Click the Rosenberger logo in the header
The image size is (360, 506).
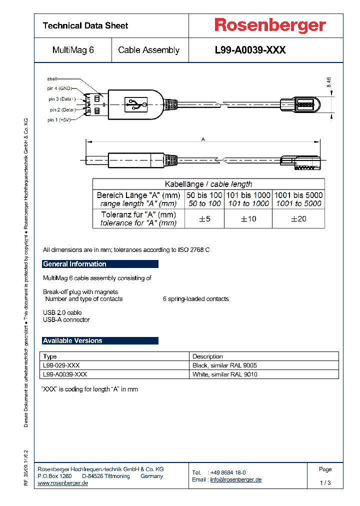click(270, 25)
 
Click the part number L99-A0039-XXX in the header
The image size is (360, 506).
click(250, 50)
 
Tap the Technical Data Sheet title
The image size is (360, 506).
click(85, 25)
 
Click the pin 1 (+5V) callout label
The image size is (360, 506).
click(59, 120)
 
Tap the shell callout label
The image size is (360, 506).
click(52, 79)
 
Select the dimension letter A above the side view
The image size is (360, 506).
click(203, 139)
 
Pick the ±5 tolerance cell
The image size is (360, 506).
click(204, 218)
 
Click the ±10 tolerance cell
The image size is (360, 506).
click(248, 218)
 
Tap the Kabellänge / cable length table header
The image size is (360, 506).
click(208, 184)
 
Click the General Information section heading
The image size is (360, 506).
click(74, 264)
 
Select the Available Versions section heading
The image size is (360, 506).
click(72, 340)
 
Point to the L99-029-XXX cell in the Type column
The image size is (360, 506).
click(61, 365)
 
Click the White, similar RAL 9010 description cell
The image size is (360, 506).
click(225, 374)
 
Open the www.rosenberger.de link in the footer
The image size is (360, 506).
click(63, 483)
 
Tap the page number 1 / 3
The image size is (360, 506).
click(325, 483)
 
